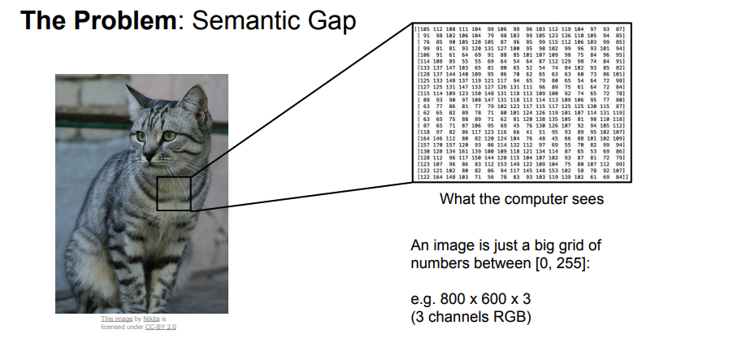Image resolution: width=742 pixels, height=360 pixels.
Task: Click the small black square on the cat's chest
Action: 173,194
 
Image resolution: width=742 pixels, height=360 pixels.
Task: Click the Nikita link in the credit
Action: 151,319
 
